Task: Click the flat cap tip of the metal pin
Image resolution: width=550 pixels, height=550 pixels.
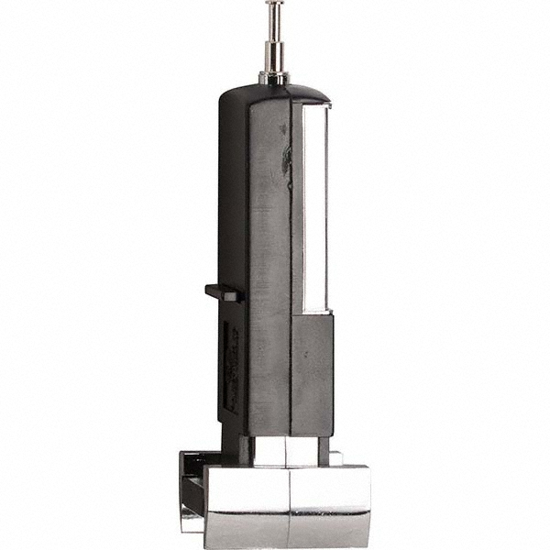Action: click(273, 4)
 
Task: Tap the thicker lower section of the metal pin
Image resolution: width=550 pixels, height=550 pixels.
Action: click(273, 57)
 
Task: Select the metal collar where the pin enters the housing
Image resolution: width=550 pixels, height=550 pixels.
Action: click(273, 77)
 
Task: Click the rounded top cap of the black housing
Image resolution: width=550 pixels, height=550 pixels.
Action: click(275, 92)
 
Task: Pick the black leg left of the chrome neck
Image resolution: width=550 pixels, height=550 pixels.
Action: click(237, 447)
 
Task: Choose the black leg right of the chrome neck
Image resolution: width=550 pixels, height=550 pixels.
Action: click(323, 446)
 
